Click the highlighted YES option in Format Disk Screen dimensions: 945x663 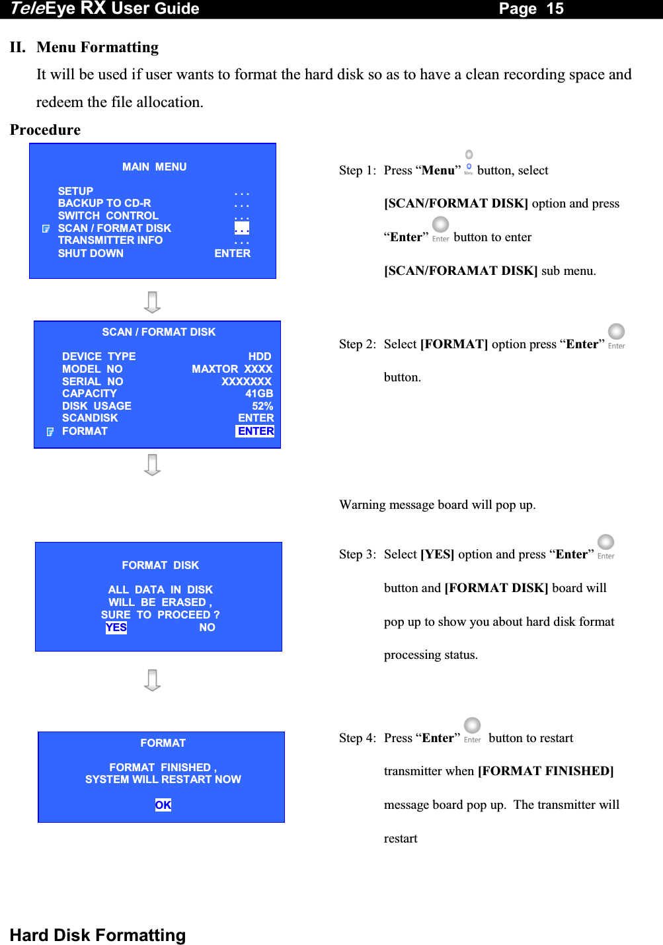[x=116, y=627]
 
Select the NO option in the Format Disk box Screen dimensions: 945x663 [x=207, y=627]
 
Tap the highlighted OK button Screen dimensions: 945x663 [x=163, y=805]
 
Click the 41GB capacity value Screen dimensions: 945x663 [x=259, y=393]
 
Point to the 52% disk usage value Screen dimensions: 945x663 [x=262, y=406]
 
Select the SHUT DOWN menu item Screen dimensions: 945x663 [x=91, y=253]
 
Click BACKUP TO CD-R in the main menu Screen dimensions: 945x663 [x=104, y=203]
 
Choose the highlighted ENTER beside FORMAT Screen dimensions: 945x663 [x=256, y=431]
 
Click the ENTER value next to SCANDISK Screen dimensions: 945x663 [x=256, y=418]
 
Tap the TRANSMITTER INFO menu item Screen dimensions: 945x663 [x=110, y=240]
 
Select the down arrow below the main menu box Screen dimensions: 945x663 [x=153, y=302]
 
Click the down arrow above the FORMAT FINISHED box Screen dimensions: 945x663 [x=153, y=680]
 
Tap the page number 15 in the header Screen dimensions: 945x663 [x=555, y=9]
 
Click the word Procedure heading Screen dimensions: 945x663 [x=46, y=130]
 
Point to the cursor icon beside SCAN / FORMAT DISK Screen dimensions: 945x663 [x=46, y=229]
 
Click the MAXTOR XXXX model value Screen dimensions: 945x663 [x=232, y=369]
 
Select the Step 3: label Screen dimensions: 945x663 [x=358, y=554]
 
